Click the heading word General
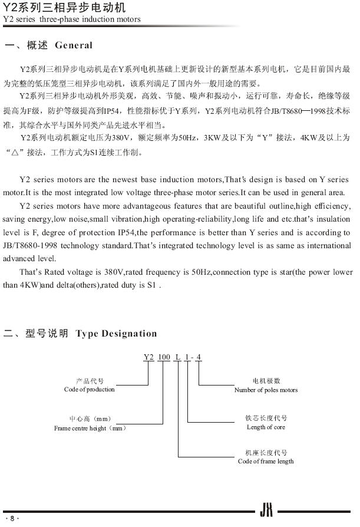74,45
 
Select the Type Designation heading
117,334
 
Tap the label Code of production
90,390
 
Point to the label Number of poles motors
266,390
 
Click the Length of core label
266,427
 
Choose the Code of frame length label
266,461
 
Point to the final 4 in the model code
199,357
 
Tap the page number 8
12,518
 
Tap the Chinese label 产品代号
90,381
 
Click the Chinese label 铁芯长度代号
266,418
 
